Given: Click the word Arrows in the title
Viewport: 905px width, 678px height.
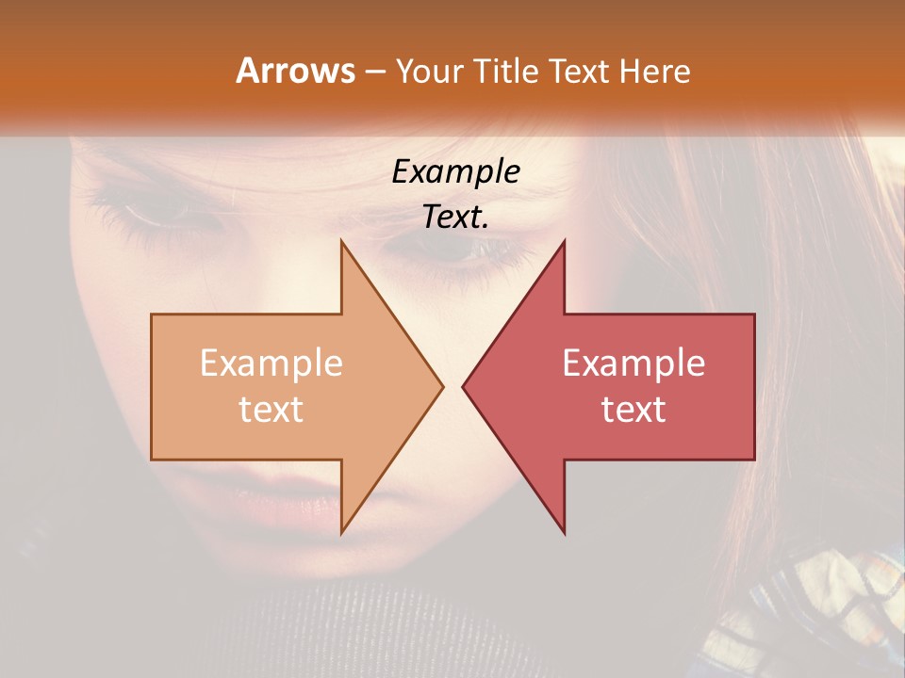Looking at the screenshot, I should [295, 71].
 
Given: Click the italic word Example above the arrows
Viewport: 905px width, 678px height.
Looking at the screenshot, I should [455, 171].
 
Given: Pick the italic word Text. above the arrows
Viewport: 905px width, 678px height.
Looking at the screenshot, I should [455, 217].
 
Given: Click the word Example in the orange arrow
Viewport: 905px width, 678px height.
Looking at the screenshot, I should [271, 363].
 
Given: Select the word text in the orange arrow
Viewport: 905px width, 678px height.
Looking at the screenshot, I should [271, 409].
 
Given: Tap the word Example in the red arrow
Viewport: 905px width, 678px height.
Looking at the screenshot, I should [633, 363].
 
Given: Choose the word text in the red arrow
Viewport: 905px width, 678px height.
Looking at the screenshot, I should [633, 409].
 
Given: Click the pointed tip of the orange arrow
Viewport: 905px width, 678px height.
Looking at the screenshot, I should [442, 386].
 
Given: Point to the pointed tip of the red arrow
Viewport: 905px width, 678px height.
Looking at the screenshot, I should [463, 386].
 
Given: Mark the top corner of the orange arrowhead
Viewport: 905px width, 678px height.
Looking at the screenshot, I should [341, 241].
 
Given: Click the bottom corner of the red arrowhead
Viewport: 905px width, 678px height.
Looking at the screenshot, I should [564, 533].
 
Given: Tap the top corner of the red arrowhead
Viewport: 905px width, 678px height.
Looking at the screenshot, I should [564, 241].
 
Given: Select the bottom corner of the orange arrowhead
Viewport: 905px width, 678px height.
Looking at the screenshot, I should [341, 533].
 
